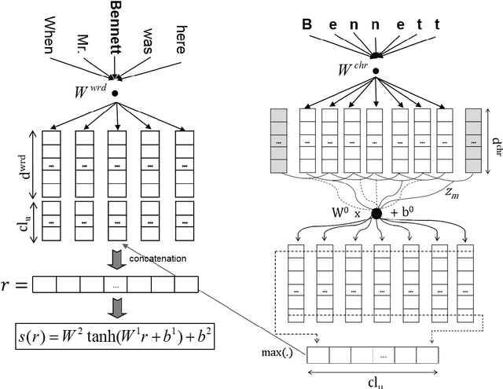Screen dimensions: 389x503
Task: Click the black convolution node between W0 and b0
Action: pos(376,212)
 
